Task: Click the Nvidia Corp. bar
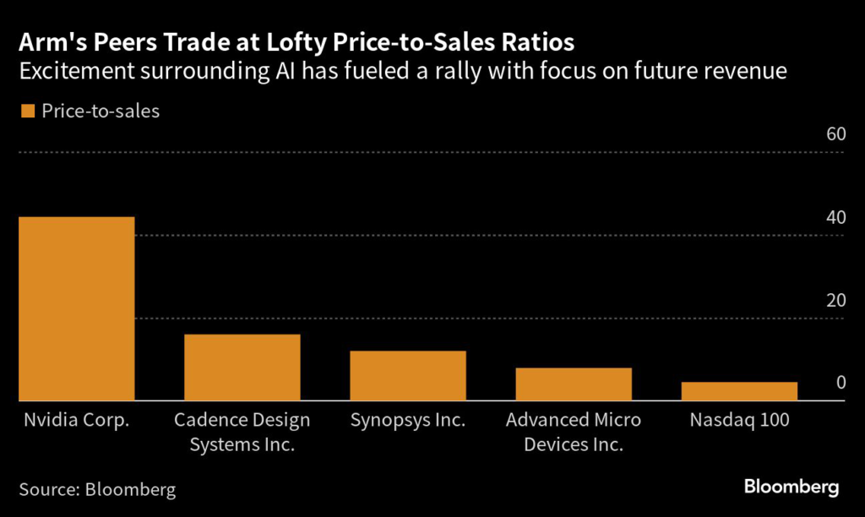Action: point(77,308)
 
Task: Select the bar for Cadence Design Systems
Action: point(242,367)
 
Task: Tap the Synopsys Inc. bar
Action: point(408,375)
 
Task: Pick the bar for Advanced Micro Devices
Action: point(574,384)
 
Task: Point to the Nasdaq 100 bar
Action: point(739,391)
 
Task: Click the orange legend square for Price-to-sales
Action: point(26,111)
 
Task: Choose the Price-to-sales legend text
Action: point(101,111)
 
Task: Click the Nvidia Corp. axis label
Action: point(76,420)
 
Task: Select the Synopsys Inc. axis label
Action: point(407,420)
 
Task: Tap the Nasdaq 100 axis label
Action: point(739,420)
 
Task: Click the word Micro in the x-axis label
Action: point(617,420)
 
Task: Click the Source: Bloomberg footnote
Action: point(97,489)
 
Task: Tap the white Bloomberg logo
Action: point(792,487)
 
